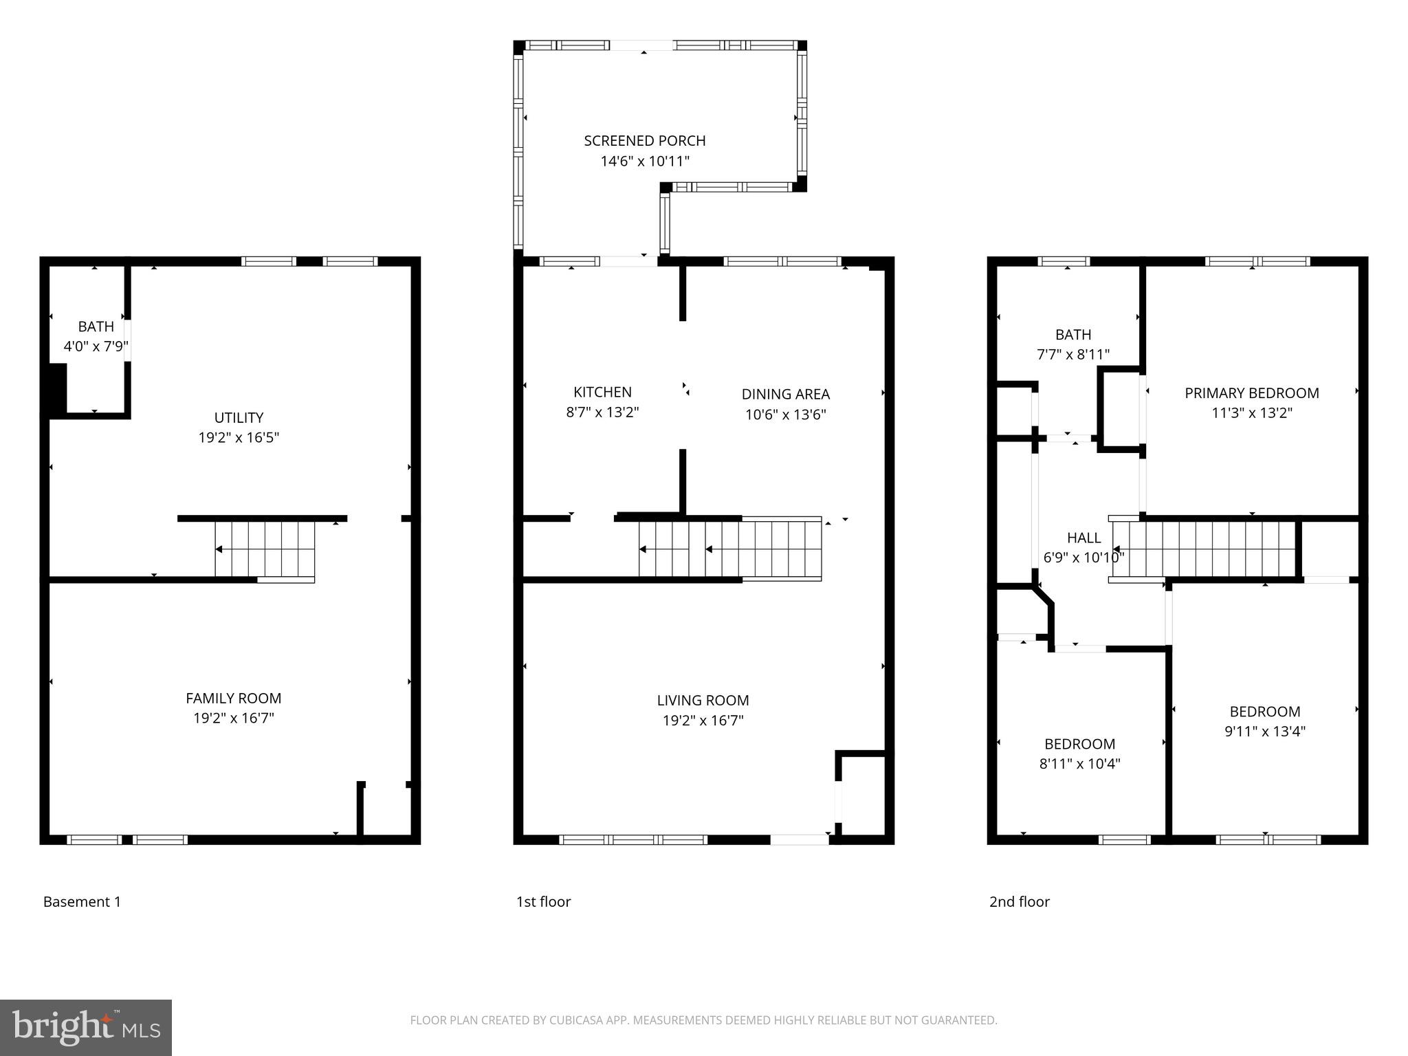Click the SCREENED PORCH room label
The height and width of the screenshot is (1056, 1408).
[644, 141]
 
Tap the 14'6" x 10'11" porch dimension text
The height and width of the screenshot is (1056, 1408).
[644, 162]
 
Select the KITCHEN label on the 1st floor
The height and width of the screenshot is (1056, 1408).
[602, 392]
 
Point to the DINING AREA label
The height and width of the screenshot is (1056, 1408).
[785, 394]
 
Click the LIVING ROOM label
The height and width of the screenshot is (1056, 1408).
[703, 700]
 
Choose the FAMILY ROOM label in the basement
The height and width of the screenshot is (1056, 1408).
[233, 698]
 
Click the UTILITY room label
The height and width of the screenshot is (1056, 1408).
[239, 417]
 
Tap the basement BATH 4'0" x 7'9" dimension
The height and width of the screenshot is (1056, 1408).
[96, 346]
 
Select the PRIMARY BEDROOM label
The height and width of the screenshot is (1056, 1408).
[1251, 393]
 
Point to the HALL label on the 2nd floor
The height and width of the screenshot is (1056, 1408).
[1083, 538]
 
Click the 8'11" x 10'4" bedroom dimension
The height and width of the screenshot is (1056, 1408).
[1079, 763]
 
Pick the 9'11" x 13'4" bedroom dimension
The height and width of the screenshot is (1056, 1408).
[1264, 731]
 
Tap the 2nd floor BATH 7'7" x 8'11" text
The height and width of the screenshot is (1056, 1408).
[1072, 355]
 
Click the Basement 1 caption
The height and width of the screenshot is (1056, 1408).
[82, 901]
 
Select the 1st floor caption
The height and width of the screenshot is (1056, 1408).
[543, 901]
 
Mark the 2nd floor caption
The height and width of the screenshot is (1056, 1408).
[1019, 901]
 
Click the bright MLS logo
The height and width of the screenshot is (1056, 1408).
[85, 1027]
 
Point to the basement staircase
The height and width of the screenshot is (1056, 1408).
[265, 549]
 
